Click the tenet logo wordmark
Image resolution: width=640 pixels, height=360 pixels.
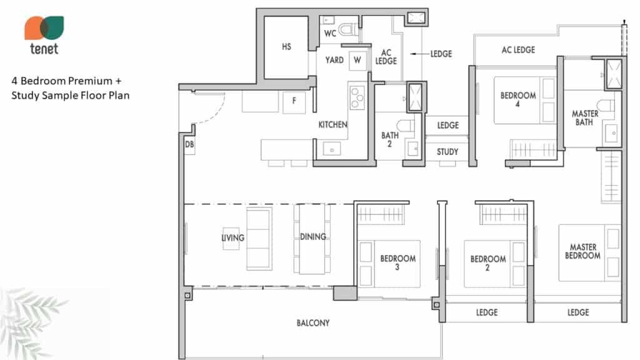(44, 49)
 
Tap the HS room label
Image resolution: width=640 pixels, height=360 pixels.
(286, 47)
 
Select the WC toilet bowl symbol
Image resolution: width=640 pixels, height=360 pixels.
(347, 29)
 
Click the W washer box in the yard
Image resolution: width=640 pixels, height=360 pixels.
(357, 61)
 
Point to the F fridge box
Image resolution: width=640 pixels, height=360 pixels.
(294, 102)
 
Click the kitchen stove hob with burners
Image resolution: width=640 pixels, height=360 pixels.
(357, 98)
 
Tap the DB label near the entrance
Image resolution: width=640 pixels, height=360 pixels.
(189, 144)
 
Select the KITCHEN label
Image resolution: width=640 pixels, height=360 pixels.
(332, 124)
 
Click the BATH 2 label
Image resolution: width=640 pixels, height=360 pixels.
(390, 139)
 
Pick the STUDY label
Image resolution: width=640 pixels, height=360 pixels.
(447, 152)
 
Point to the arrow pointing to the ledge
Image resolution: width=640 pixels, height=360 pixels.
(419, 54)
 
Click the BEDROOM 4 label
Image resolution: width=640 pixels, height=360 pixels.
(518, 99)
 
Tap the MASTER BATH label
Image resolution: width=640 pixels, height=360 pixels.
(584, 117)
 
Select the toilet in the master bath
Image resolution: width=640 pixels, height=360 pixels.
(606, 105)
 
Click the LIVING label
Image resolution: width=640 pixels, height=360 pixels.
(232, 237)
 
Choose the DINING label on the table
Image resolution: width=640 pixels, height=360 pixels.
(313, 237)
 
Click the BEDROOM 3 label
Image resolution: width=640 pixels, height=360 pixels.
(398, 262)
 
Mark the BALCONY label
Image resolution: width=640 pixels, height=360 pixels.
(313, 323)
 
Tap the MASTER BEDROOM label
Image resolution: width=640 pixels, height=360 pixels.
(583, 251)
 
